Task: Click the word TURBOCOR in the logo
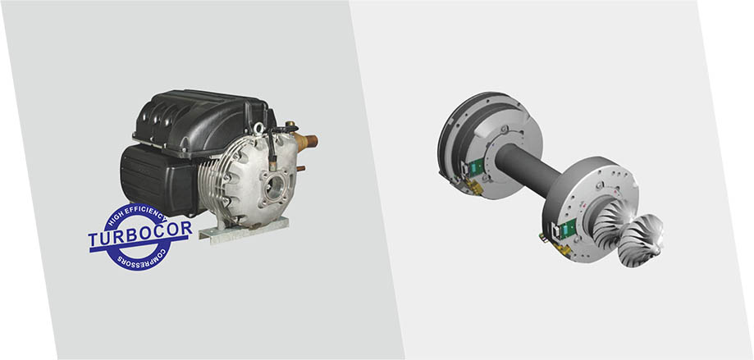(139, 232)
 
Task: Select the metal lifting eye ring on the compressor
(259, 128)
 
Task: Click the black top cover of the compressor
(199, 121)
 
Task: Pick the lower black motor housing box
(158, 180)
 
